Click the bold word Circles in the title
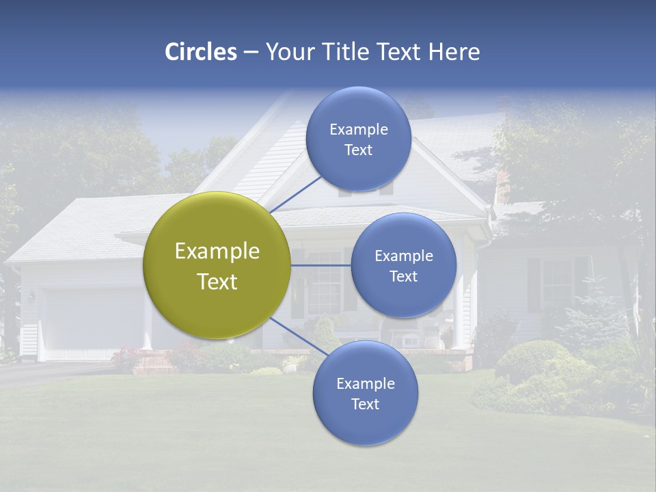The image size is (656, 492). click(x=201, y=52)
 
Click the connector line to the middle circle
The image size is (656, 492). click(x=321, y=265)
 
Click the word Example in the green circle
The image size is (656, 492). click(x=217, y=251)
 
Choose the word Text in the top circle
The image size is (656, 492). click(x=358, y=150)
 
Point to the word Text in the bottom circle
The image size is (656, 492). click(x=365, y=404)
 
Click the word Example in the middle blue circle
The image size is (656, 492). click(x=403, y=256)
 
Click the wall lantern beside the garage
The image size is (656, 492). click(x=31, y=297)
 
